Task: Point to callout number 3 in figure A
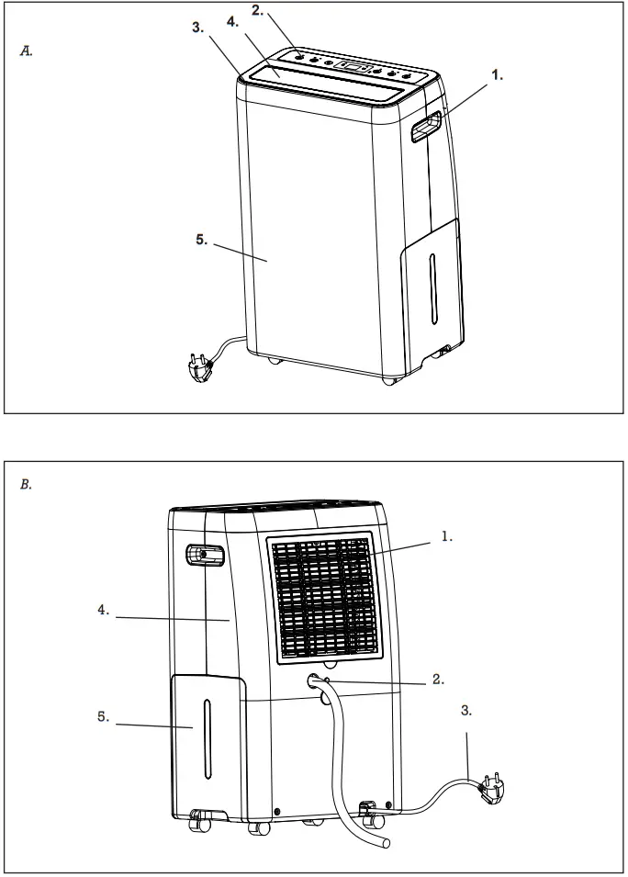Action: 198,28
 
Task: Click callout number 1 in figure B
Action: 445,535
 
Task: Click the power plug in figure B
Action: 490,789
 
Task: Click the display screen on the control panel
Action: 353,66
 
